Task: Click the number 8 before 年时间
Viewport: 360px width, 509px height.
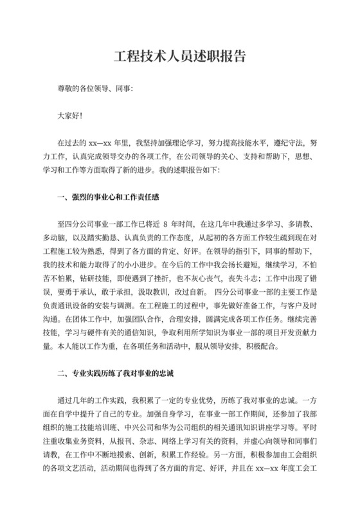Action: [x=166, y=224]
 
